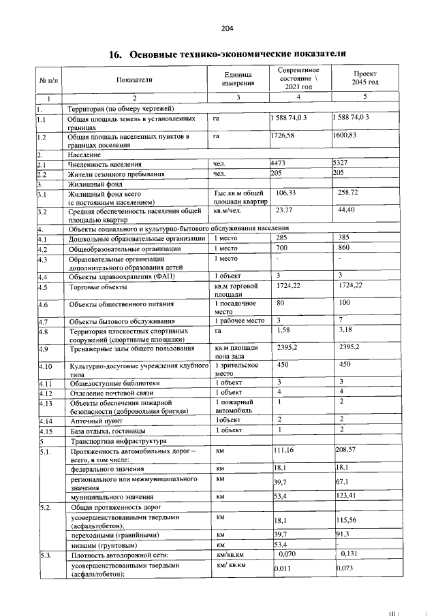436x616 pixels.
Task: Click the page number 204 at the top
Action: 227,29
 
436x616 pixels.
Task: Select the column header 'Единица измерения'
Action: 237,79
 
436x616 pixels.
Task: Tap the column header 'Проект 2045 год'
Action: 364,78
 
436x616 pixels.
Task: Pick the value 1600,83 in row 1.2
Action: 345,136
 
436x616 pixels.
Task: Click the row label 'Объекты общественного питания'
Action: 116,304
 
